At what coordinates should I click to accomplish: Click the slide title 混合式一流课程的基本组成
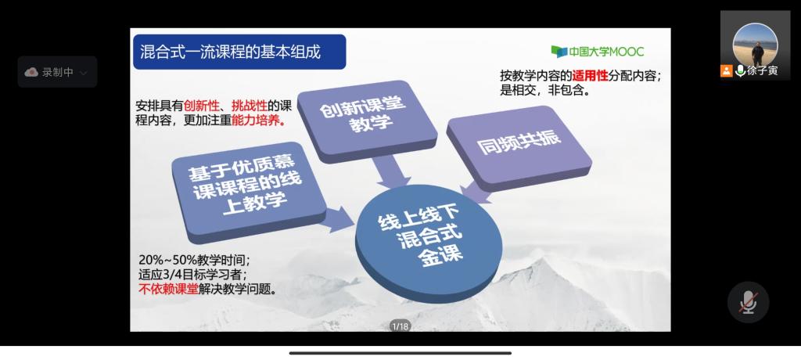point(230,52)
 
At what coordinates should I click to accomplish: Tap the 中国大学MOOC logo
point(598,52)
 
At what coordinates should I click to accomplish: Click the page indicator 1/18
point(400,326)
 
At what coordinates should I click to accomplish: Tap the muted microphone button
point(749,302)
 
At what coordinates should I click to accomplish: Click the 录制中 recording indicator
point(57,72)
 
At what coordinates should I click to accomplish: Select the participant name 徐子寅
point(763,71)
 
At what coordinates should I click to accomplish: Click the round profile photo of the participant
point(756,44)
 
